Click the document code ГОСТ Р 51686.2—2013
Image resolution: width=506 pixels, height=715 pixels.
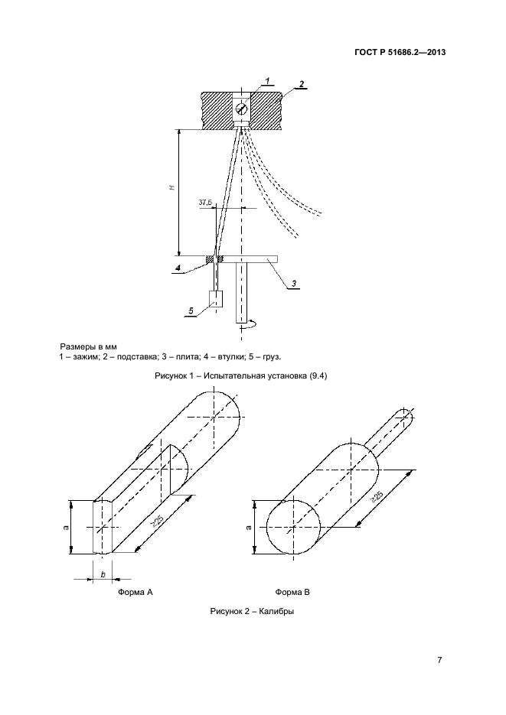point(400,52)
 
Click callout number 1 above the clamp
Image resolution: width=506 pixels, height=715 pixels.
point(268,80)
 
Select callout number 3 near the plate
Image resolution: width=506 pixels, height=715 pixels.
point(294,284)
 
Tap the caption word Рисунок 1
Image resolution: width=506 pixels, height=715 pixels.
point(175,376)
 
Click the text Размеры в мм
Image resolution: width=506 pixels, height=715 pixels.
point(88,347)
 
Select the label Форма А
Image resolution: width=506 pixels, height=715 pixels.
point(135,592)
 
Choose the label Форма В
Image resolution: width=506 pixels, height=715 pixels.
point(292,592)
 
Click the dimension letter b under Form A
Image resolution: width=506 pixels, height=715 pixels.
point(103,574)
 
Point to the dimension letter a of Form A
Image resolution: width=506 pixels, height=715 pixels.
point(66,528)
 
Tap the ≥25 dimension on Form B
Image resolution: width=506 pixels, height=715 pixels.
point(377,496)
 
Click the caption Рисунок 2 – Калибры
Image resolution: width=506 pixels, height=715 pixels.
point(252,611)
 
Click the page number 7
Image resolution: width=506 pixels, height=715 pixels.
point(439,660)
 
